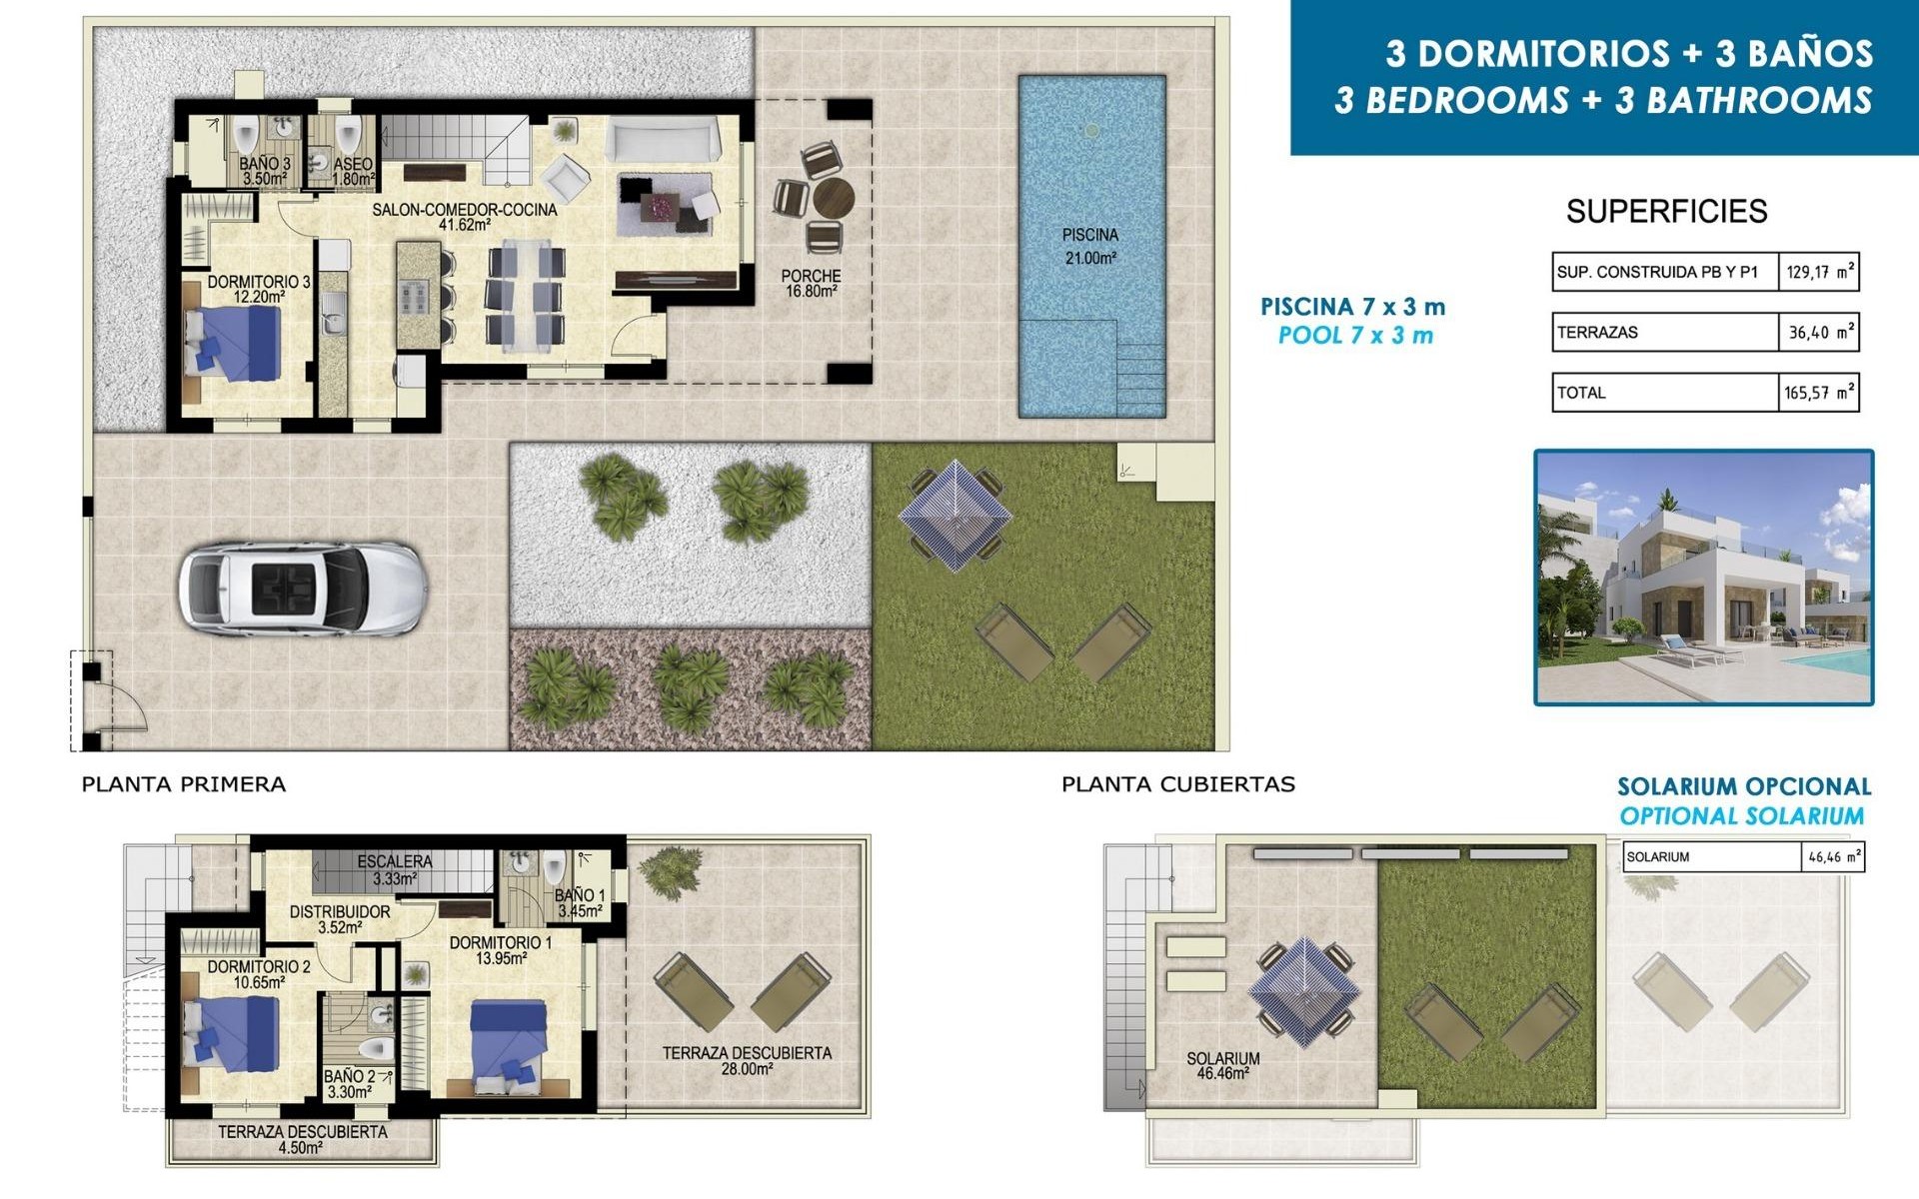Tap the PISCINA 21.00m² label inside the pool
[1089, 246]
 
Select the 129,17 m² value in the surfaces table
[1818, 272]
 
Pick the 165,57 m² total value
[1818, 393]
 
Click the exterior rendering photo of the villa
[1703, 578]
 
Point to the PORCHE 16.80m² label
[811, 283]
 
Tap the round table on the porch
[833, 198]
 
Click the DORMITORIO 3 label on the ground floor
[259, 289]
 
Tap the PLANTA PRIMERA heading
[184, 784]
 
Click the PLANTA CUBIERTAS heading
[1177, 784]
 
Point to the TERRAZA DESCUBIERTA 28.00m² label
[747, 1060]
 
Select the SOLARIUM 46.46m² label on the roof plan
[1222, 1065]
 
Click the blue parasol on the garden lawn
[955, 516]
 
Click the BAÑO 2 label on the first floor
[349, 1084]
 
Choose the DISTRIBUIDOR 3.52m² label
[340, 919]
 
